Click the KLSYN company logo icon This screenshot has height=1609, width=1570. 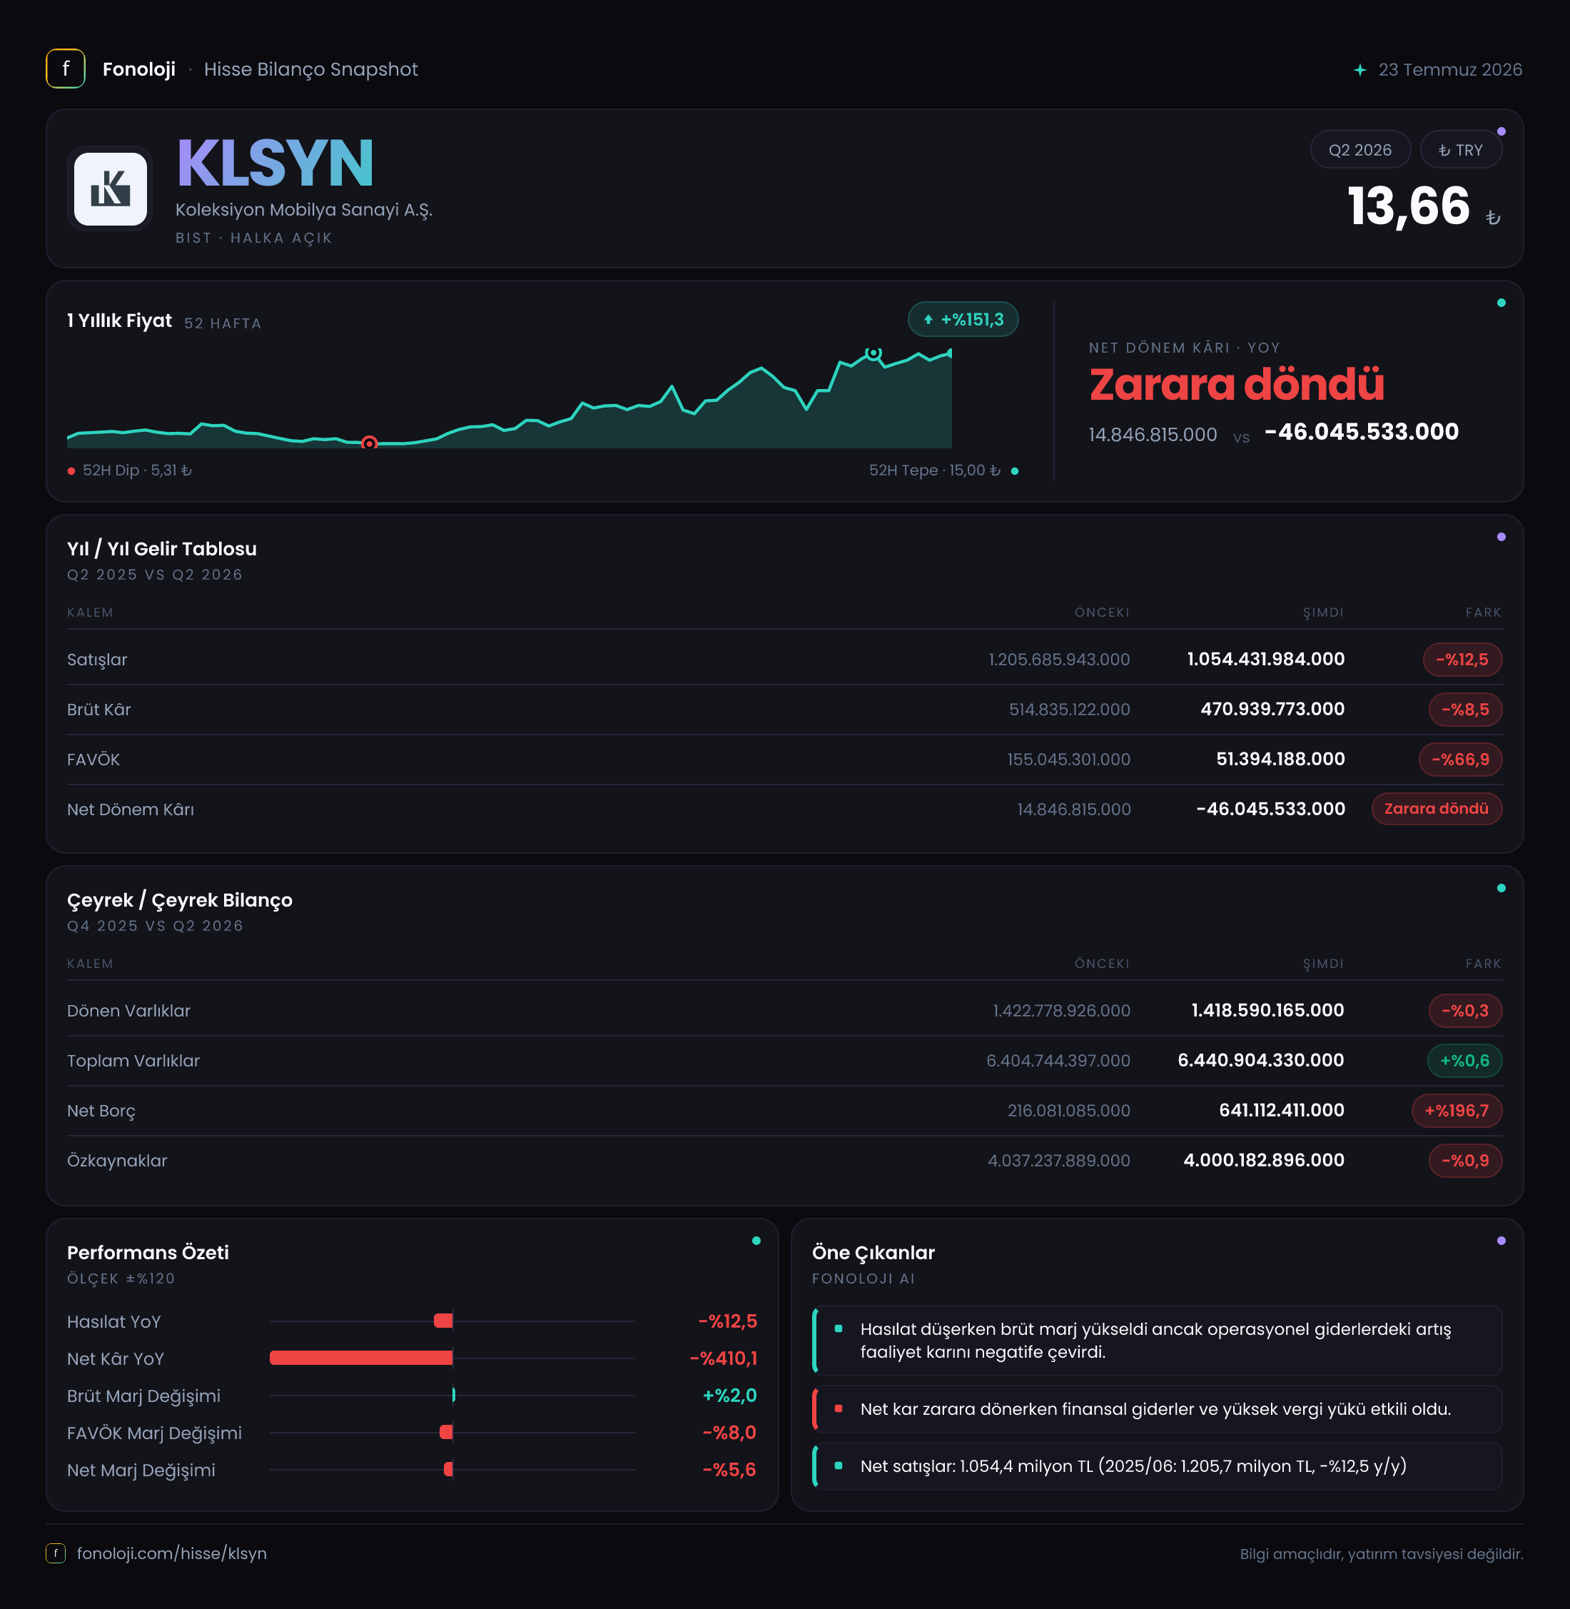111,189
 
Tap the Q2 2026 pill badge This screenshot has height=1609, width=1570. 1359,150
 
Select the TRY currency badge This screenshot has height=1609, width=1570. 1460,150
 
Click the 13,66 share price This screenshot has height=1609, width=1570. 1409,206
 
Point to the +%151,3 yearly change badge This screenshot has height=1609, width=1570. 963,319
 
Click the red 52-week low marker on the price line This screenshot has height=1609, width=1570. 370,443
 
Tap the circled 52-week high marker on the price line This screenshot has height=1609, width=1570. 873,353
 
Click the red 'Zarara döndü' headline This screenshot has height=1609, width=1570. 1236,384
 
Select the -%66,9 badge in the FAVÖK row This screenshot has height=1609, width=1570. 1460,760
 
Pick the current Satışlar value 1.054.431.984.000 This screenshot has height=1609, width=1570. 1266,659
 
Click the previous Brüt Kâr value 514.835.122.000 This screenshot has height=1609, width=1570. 1070,710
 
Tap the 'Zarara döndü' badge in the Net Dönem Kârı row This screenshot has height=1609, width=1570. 1437,809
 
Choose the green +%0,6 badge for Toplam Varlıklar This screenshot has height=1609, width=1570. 1464,1061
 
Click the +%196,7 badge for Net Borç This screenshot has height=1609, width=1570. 1457,1111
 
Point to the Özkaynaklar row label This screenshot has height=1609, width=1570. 117,1161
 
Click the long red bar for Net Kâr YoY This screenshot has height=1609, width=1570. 361,1358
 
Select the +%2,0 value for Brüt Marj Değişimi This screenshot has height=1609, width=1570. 730,1396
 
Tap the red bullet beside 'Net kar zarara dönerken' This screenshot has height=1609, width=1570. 839,1408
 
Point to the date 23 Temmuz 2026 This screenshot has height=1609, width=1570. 1450,69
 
